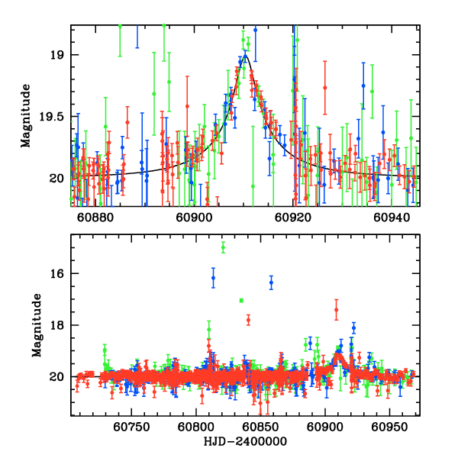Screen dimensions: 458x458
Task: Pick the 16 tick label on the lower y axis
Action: point(58,273)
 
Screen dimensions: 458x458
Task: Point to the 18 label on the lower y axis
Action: point(58,325)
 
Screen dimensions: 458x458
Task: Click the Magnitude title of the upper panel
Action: point(26,116)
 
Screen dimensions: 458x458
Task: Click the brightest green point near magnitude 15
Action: point(223,247)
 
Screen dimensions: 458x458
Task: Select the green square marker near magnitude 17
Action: point(241,301)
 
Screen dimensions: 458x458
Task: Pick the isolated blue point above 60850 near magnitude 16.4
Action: point(271,283)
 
